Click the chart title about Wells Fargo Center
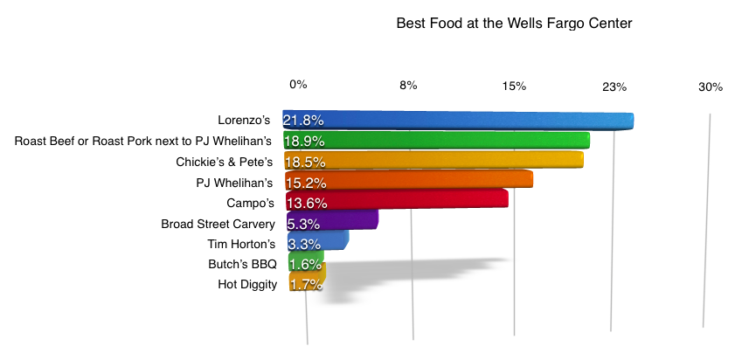click(514, 24)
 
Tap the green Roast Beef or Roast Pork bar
click(454, 141)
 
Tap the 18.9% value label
click(303, 141)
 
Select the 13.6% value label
click(303, 203)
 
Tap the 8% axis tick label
click(408, 85)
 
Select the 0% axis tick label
click(298, 84)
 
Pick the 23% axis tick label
click(614, 87)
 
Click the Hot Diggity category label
click(247, 284)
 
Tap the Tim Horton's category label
click(241, 244)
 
